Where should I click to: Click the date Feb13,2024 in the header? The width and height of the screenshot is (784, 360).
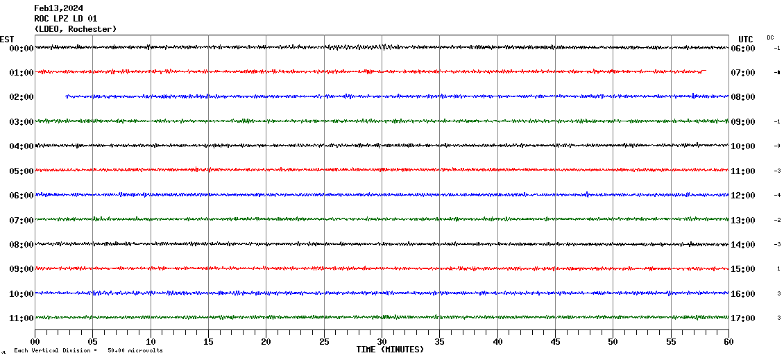[59, 8]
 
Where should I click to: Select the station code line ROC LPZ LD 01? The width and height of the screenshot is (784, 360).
[66, 19]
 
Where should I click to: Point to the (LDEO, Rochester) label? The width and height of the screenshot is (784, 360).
[76, 29]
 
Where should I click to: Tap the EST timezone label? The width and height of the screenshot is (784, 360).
[7, 39]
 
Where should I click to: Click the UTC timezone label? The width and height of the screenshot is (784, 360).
[746, 39]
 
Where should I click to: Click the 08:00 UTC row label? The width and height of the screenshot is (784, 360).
[743, 97]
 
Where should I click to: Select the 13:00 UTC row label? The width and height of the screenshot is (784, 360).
[743, 221]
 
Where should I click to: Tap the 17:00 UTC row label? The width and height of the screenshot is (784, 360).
[743, 318]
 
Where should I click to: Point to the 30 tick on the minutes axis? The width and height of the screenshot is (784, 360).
[382, 342]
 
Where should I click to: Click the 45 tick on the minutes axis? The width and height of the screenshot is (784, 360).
[555, 342]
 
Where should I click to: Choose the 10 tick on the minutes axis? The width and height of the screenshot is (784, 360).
[151, 342]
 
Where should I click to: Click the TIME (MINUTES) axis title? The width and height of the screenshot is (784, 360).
[390, 350]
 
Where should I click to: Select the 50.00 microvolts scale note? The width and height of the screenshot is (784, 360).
[135, 351]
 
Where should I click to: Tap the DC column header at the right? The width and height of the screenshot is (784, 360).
[770, 37]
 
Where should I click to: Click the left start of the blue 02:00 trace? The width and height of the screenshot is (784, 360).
[67, 96]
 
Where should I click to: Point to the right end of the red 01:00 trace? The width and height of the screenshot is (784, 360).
[704, 71]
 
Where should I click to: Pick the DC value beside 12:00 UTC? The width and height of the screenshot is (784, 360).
[778, 195]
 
